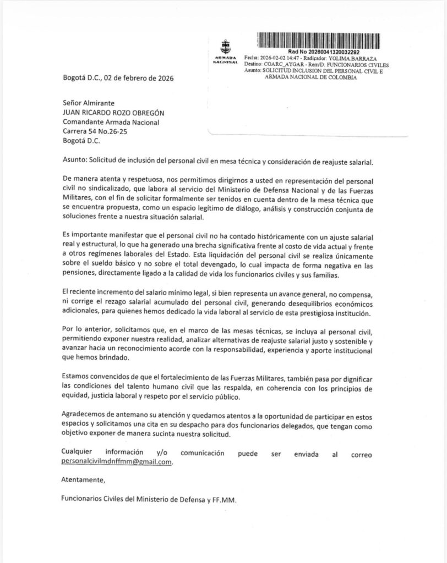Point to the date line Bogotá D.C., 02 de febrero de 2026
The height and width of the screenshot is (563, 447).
pos(118,78)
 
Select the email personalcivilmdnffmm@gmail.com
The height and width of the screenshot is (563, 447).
pos(117,462)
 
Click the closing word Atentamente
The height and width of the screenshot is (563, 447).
pos(83,481)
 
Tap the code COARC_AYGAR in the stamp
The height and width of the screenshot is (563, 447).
pos(282,64)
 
